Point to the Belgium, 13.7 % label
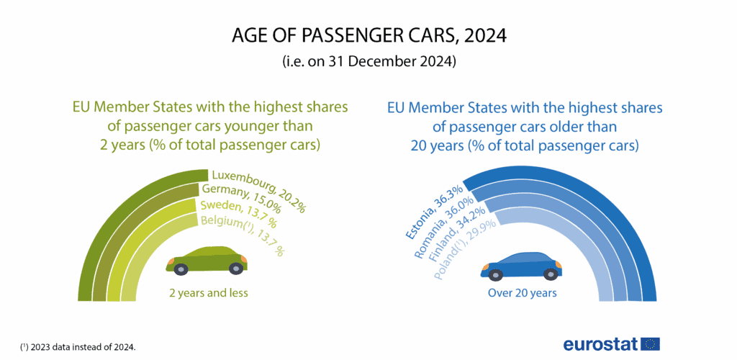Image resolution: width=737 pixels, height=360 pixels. pos(242,236)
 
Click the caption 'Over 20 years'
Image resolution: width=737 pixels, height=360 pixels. pos(523,293)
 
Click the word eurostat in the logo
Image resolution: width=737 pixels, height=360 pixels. pos(600,343)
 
